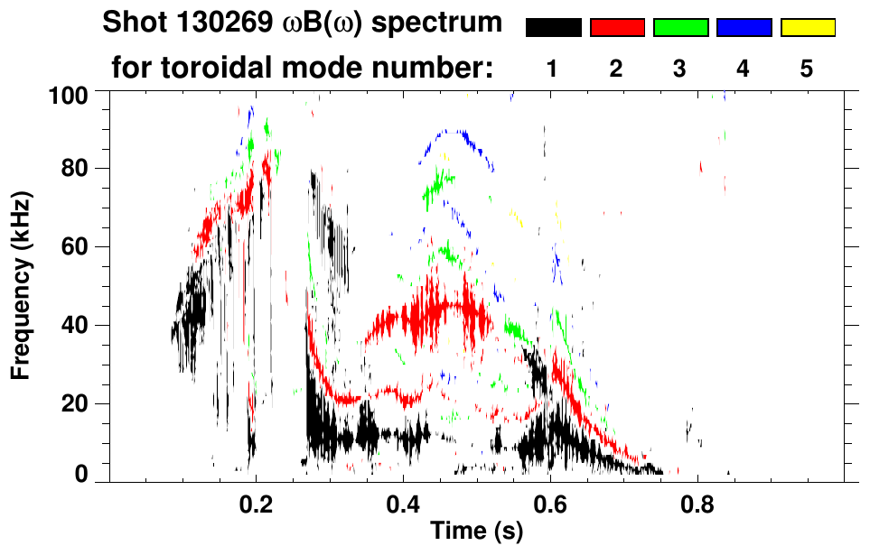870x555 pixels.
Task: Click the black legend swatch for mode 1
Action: click(x=553, y=28)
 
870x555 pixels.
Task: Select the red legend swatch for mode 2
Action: click(x=617, y=28)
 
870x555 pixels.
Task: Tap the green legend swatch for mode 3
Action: click(x=680, y=28)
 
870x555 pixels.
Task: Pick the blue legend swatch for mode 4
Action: click(x=744, y=28)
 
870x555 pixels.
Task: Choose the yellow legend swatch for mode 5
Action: click(x=807, y=28)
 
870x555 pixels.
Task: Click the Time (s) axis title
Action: click(x=476, y=532)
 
